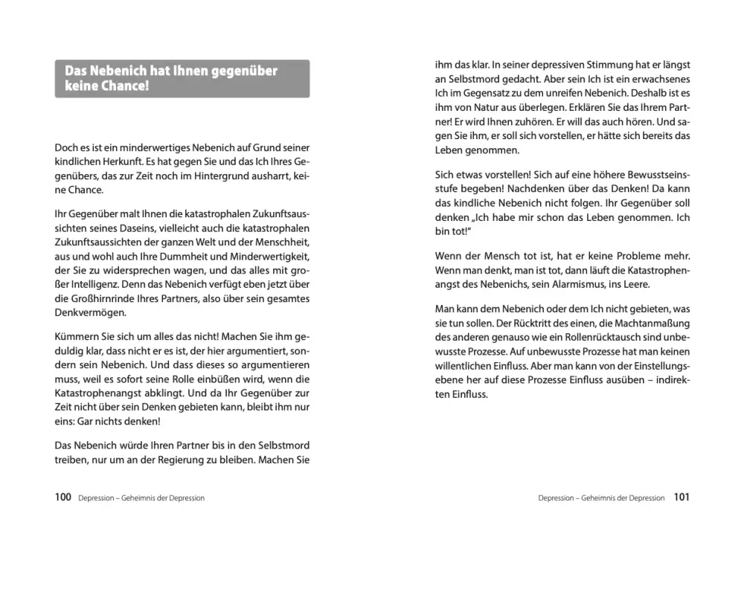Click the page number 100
click(x=62, y=498)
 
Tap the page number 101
click(x=681, y=498)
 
